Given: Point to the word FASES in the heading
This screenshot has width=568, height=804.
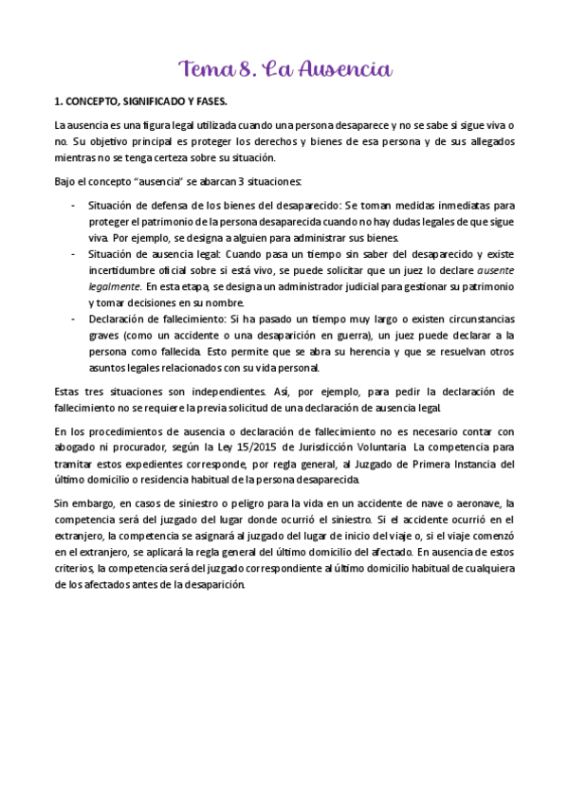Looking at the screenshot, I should tap(207, 100).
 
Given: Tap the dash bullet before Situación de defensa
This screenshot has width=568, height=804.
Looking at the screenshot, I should tap(75, 204).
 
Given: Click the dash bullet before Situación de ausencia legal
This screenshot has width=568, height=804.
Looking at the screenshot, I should tap(75, 253).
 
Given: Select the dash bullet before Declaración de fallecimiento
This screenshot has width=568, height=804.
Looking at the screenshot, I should tap(75, 319).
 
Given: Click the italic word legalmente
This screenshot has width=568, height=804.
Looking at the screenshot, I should tap(113, 286).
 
